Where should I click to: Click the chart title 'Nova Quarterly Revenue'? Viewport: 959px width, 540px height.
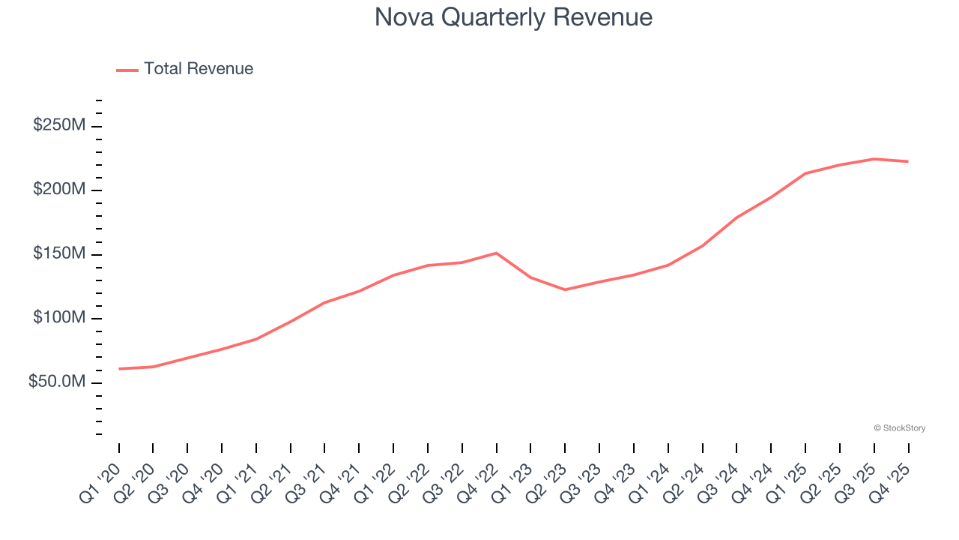pyautogui.click(x=513, y=16)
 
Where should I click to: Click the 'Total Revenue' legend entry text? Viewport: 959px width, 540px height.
pyautogui.click(x=199, y=69)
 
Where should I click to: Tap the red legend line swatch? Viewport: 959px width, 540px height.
pyautogui.click(x=127, y=70)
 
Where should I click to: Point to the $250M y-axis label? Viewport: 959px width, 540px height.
pyautogui.click(x=59, y=125)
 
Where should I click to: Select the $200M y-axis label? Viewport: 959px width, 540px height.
pyautogui.click(x=59, y=190)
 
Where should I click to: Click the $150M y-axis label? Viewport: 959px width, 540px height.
pyautogui.click(x=59, y=253)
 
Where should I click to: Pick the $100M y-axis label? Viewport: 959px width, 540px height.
pyautogui.click(x=59, y=318)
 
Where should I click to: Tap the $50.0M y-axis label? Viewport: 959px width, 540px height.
pyautogui.click(x=57, y=382)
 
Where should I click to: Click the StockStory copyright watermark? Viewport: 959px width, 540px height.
pyautogui.click(x=899, y=428)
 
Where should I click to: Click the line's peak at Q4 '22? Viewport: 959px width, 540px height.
pyautogui.click(x=497, y=253)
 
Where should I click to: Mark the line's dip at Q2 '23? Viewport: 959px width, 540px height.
pyautogui.click(x=565, y=289)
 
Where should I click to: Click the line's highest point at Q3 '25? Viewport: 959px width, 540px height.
pyautogui.click(x=874, y=159)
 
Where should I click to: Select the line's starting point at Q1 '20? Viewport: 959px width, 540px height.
pyautogui.click(x=119, y=369)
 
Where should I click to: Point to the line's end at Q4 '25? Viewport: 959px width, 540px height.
pyautogui.click(x=908, y=161)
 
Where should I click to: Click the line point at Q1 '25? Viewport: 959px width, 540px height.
pyautogui.click(x=805, y=173)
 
